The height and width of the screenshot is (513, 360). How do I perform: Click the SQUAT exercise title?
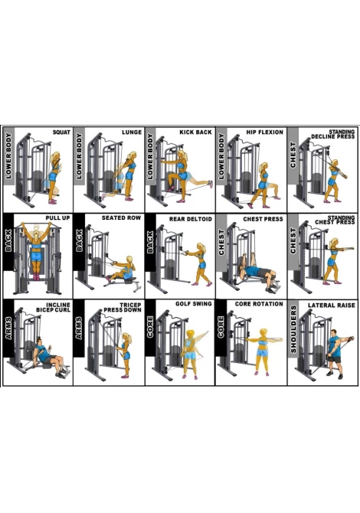61,132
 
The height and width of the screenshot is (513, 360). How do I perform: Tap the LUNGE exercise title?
132,132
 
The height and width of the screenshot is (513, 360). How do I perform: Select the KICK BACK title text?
196,132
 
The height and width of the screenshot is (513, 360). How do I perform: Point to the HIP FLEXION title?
265,132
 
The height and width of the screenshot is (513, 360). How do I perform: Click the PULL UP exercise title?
58,218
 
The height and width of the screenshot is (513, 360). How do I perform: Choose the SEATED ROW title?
122,218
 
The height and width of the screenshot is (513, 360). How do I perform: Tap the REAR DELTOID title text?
191,219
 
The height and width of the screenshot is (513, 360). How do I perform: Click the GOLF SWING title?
194,304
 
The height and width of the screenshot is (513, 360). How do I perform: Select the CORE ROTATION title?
259,304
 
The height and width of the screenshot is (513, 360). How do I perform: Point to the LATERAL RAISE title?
332,306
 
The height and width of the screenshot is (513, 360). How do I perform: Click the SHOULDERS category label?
293,329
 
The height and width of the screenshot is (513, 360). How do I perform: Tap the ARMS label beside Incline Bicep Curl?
8,328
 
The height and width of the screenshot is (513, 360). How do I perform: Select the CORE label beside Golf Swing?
150,327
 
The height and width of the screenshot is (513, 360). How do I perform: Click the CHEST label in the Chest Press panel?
221,242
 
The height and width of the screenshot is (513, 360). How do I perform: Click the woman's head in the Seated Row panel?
129,260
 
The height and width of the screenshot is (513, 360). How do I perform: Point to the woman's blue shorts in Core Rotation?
262,353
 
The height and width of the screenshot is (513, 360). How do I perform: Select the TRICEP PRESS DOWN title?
123,308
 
